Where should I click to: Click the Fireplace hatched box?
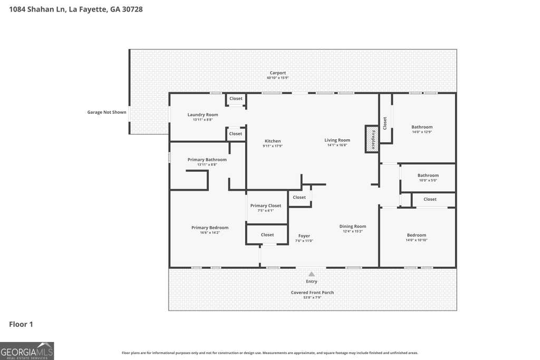[x=372, y=139]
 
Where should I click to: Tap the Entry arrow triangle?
[x=311, y=274]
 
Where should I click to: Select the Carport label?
[x=277, y=73]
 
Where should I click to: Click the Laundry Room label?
[x=203, y=114]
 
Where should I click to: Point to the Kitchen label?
[x=273, y=141]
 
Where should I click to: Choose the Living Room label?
[x=337, y=140]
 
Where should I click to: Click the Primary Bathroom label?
[x=207, y=160]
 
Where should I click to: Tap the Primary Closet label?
[x=266, y=206]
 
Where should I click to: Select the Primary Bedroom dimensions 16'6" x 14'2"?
[x=210, y=232]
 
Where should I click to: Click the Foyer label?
[x=304, y=236]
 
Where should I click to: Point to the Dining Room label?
[x=353, y=227]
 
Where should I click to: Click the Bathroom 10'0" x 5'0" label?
[x=428, y=176]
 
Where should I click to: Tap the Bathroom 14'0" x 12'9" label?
[x=422, y=127]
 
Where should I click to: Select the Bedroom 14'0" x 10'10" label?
[x=417, y=236]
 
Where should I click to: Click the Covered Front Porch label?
[x=312, y=293]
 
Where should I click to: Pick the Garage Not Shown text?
[x=107, y=112]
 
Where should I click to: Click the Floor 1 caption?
[x=21, y=324]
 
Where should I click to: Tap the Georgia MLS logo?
[x=27, y=351]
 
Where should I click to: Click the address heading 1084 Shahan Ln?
[x=37, y=9]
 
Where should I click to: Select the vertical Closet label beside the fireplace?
[x=385, y=123]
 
